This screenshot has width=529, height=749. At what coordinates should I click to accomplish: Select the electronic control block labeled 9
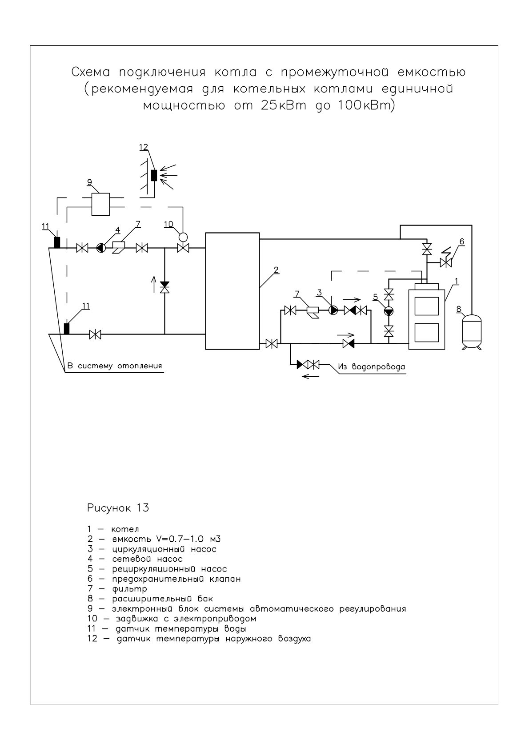[x=100, y=204]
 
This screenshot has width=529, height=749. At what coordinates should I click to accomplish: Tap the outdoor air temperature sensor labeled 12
[x=154, y=175]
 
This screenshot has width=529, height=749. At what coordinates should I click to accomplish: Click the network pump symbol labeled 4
[x=100, y=248]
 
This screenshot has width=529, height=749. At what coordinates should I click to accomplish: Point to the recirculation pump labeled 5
[x=389, y=311]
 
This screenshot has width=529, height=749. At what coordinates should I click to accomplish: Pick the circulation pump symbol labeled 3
[x=333, y=310]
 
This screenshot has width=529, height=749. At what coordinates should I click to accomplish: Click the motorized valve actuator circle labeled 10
[x=183, y=237]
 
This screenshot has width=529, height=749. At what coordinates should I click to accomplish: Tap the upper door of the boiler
[x=427, y=306]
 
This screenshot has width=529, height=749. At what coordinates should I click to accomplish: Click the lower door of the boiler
[x=427, y=333]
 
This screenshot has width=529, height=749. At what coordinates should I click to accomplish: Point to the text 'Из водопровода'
[x=371, y=367]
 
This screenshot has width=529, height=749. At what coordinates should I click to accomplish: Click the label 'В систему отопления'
[x=115, y=366]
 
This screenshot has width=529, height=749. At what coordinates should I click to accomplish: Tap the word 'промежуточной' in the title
[x=335, y=72]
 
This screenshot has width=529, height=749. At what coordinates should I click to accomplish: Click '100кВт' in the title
[x=367, y=106]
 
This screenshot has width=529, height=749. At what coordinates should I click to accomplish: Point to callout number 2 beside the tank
[x=276, y=270]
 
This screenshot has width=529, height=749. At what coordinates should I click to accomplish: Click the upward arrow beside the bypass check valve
[x=154, y=284]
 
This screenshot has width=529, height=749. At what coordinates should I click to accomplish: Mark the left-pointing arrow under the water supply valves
[x=310, y=377]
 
